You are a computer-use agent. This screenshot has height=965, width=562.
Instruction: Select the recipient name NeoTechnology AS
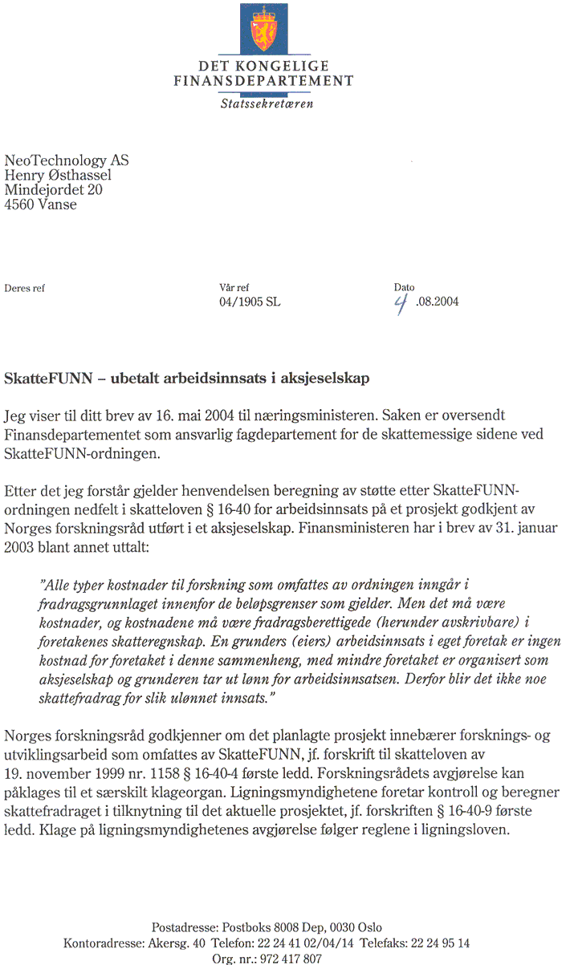coord(67,161)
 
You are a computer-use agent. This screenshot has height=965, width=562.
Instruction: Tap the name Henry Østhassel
coord(58,176)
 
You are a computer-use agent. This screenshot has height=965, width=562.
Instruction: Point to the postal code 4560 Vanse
coord(41,205)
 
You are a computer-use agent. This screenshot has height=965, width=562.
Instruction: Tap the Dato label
coord(404,287)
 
